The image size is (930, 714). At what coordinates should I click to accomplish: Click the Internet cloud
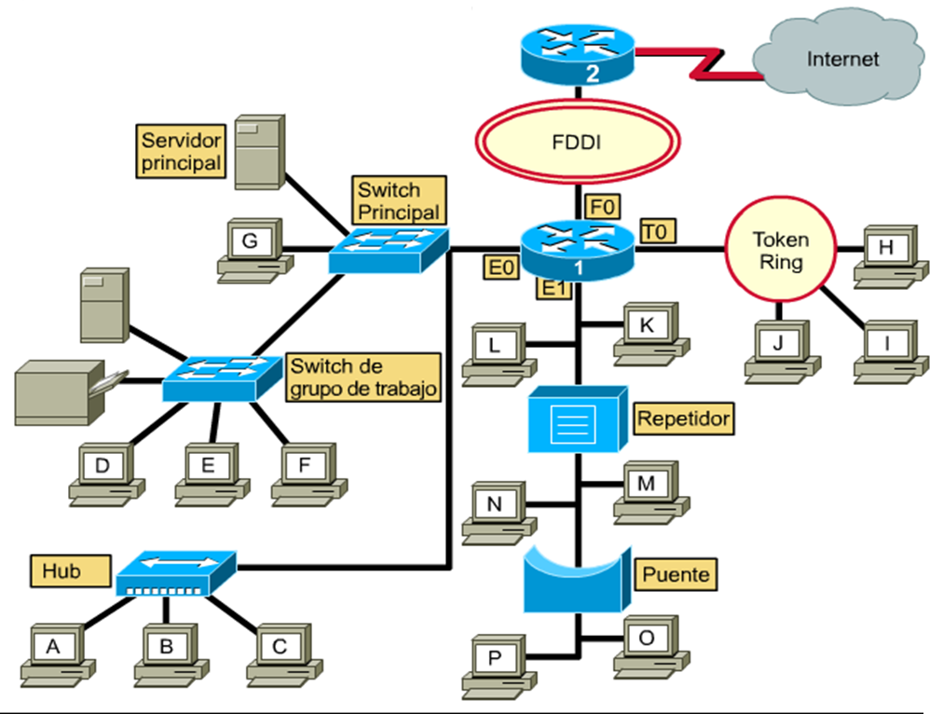(x=841, y=58)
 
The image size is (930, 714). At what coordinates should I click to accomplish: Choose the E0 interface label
(x=501, y=268)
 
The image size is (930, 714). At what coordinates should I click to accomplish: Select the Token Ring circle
(x=781, y=250)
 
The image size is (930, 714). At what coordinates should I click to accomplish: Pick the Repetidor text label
(x=683, y=418)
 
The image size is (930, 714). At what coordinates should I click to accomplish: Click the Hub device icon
(x=174, y=572)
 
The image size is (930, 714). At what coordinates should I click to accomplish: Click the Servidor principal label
(x=182, y=152)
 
